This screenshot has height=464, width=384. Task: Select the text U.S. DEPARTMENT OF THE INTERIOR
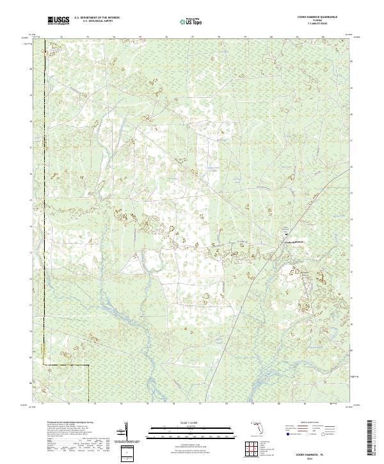[x=97, y=18]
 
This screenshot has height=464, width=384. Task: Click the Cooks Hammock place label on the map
[x=292, y=242]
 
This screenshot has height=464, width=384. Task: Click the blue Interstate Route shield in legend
[x=287, y=433]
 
